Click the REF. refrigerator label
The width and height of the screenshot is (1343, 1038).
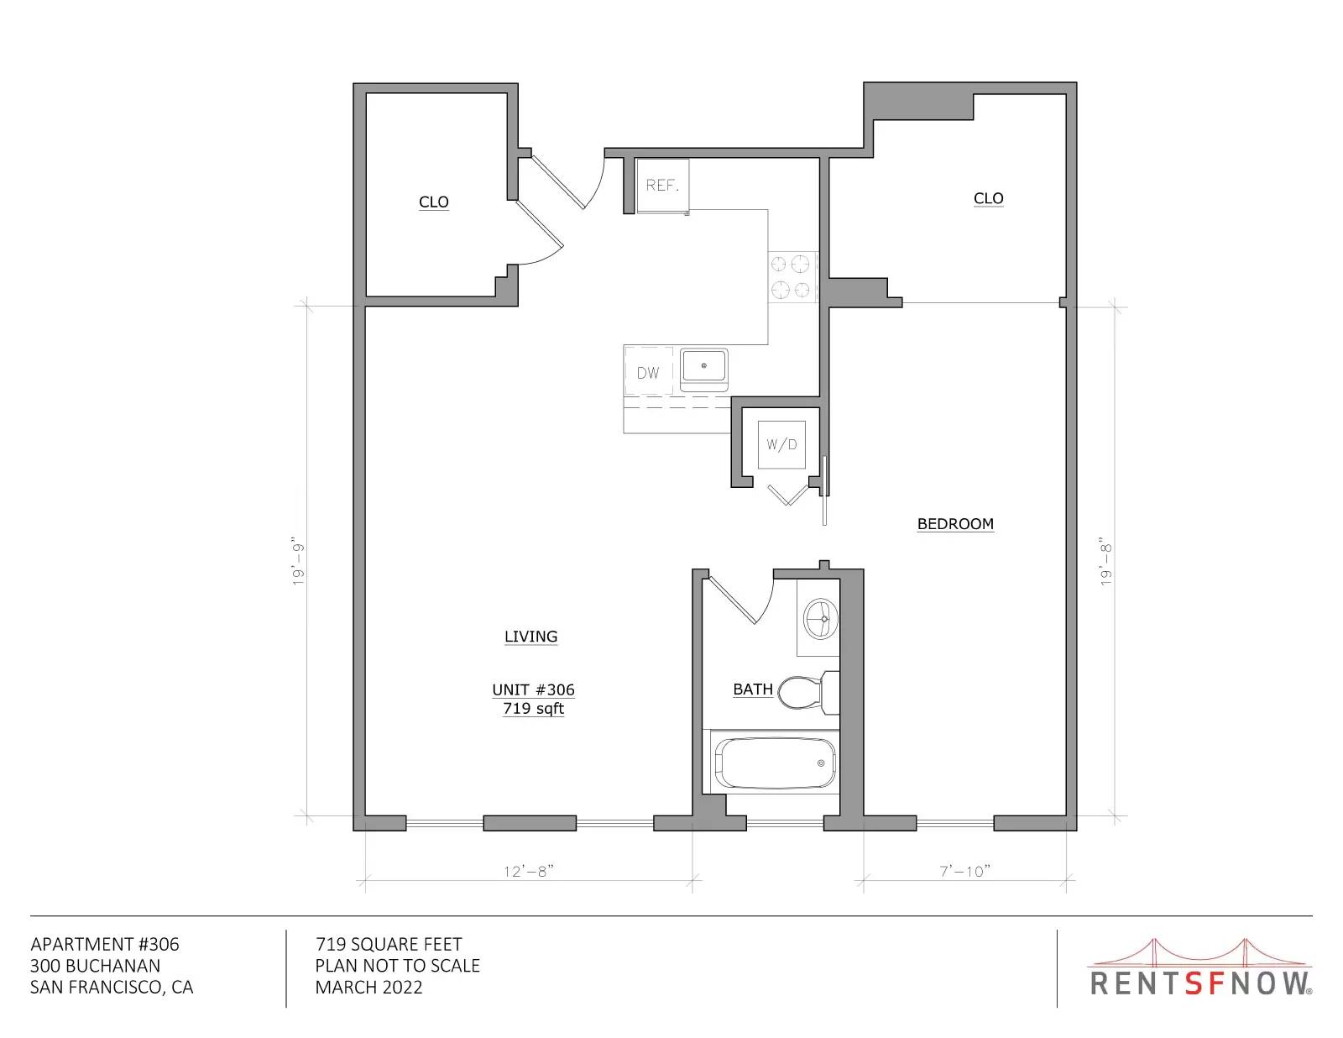coord(662,185)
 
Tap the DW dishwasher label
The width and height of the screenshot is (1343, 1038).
coord(648,373)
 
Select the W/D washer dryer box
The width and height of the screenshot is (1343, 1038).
coord(781,444)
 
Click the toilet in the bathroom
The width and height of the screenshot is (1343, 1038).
coord(808,692)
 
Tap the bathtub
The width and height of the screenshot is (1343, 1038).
coord(775,763)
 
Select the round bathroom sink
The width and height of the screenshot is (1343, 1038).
coord(821,618)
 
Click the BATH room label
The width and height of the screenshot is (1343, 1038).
coord(753,689)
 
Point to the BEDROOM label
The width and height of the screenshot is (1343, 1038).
coord(955,524)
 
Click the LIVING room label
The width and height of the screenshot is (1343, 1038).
coord(530,637)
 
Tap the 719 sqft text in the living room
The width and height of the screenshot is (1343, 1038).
coord(533,709)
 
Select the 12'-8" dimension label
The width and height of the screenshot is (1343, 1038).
coord(529,872)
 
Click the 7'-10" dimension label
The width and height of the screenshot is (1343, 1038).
coord(965,871)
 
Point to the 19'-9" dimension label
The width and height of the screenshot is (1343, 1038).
coord(299,561)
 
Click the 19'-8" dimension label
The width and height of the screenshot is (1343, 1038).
coord(1105,564)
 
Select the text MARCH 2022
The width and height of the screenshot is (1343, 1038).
coord(369,988)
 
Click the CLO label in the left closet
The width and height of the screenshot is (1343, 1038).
coord(434,202)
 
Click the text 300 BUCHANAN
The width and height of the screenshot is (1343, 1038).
coord(95,966)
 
